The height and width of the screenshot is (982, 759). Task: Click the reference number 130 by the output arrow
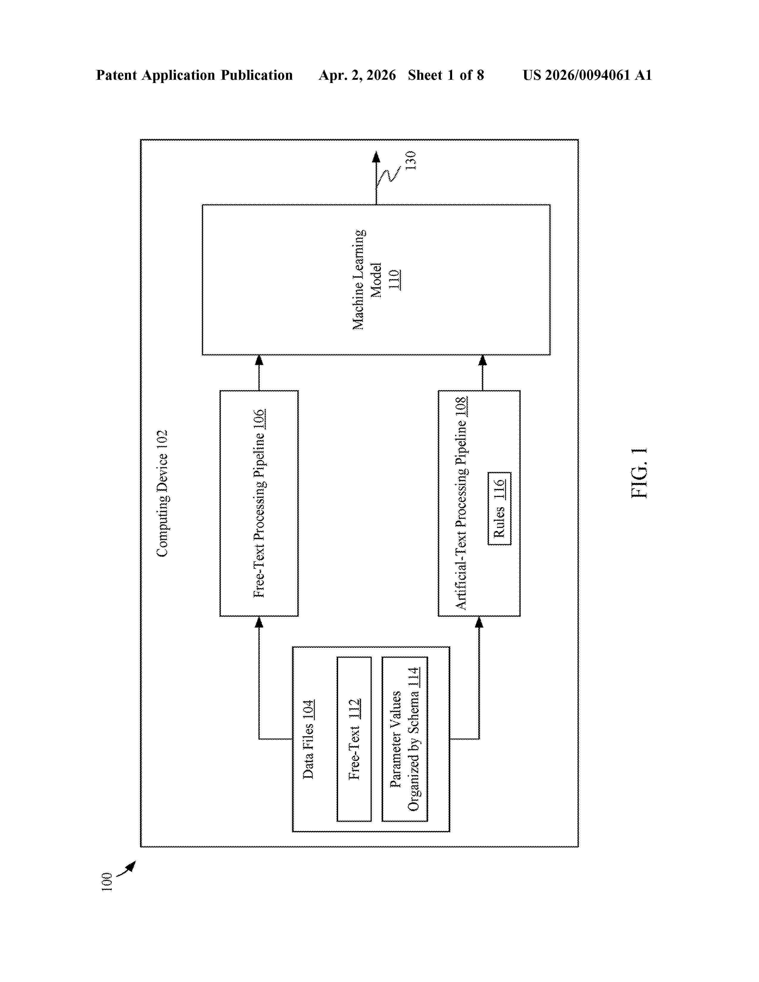click(x=410, y=160)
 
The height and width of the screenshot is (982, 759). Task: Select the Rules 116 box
click(x=499, y=509)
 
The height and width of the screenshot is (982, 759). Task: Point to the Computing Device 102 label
click(x=162, y=493)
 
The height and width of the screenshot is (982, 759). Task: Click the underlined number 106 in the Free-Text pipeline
click(x=259, y=420)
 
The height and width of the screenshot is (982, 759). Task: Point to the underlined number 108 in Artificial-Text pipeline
click(x=461, y=407)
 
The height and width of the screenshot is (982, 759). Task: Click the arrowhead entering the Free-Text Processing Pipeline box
click(x=259, y=622)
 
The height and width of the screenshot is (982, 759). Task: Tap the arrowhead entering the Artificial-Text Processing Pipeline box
click(x=479, y=622)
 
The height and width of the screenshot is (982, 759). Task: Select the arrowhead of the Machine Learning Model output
click(x=376, y=157)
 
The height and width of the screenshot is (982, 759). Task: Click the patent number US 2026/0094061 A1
click(x=587, y=75)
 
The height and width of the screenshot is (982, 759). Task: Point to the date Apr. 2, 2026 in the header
click(x=357, y=75)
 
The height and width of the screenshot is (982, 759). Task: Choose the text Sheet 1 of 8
click(x=446, y=75)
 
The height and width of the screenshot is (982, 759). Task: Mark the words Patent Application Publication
click(x=194, y=75)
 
